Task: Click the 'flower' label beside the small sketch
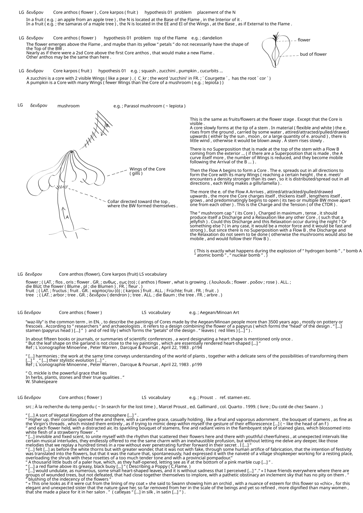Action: (304, 40)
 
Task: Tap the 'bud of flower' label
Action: (313, 54)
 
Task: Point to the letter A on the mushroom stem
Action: (67, 217)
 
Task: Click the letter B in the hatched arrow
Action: (106, 125)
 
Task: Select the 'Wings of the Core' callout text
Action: (147, 169)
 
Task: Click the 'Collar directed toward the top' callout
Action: (138, 202)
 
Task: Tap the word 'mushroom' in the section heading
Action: (68, 106)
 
